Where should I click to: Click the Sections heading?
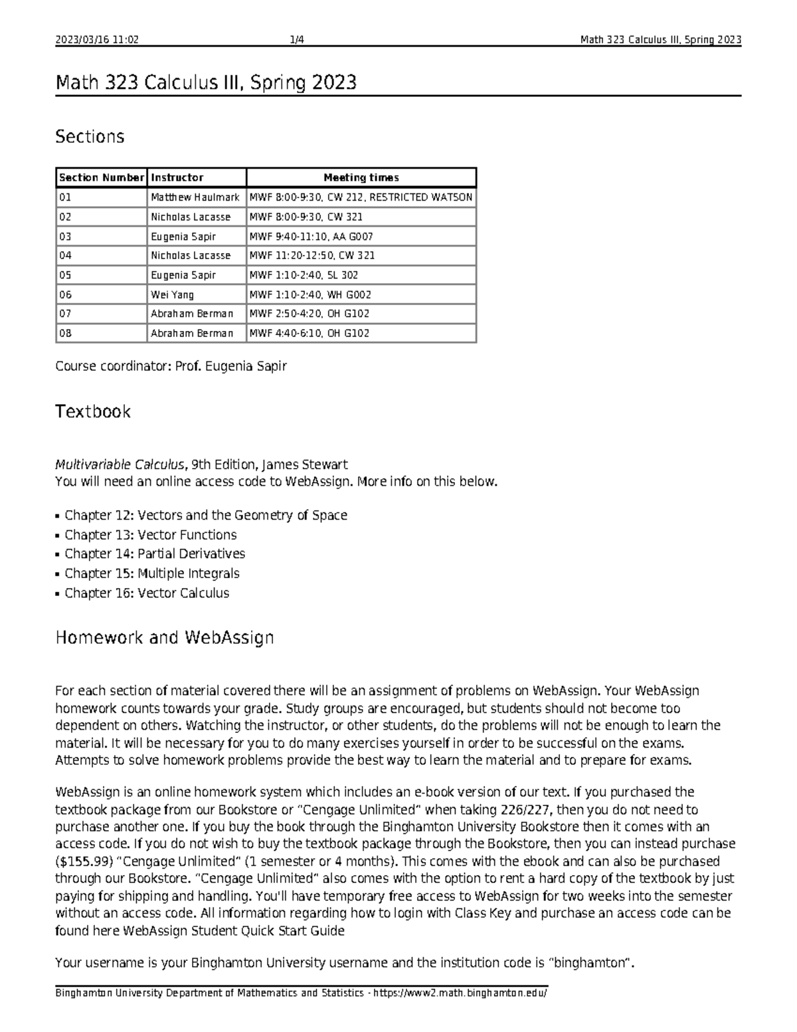[90, 137]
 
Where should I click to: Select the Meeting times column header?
[361, 177]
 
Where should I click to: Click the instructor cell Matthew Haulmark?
[195, 197]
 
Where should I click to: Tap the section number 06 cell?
[101, 294]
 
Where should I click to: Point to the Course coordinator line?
[171, 366]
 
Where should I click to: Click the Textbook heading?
[92, 411]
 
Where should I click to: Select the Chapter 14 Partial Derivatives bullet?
[155, 554]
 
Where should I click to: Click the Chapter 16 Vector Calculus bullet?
[147, 593]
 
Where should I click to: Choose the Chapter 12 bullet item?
[206, 515]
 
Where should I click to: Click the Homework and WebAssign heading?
[164, 638]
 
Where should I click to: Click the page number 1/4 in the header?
[297, 40]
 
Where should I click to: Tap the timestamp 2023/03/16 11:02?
[97, 40]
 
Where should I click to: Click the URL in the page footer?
[461, 993]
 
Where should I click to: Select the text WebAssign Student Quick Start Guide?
[234, 931]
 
